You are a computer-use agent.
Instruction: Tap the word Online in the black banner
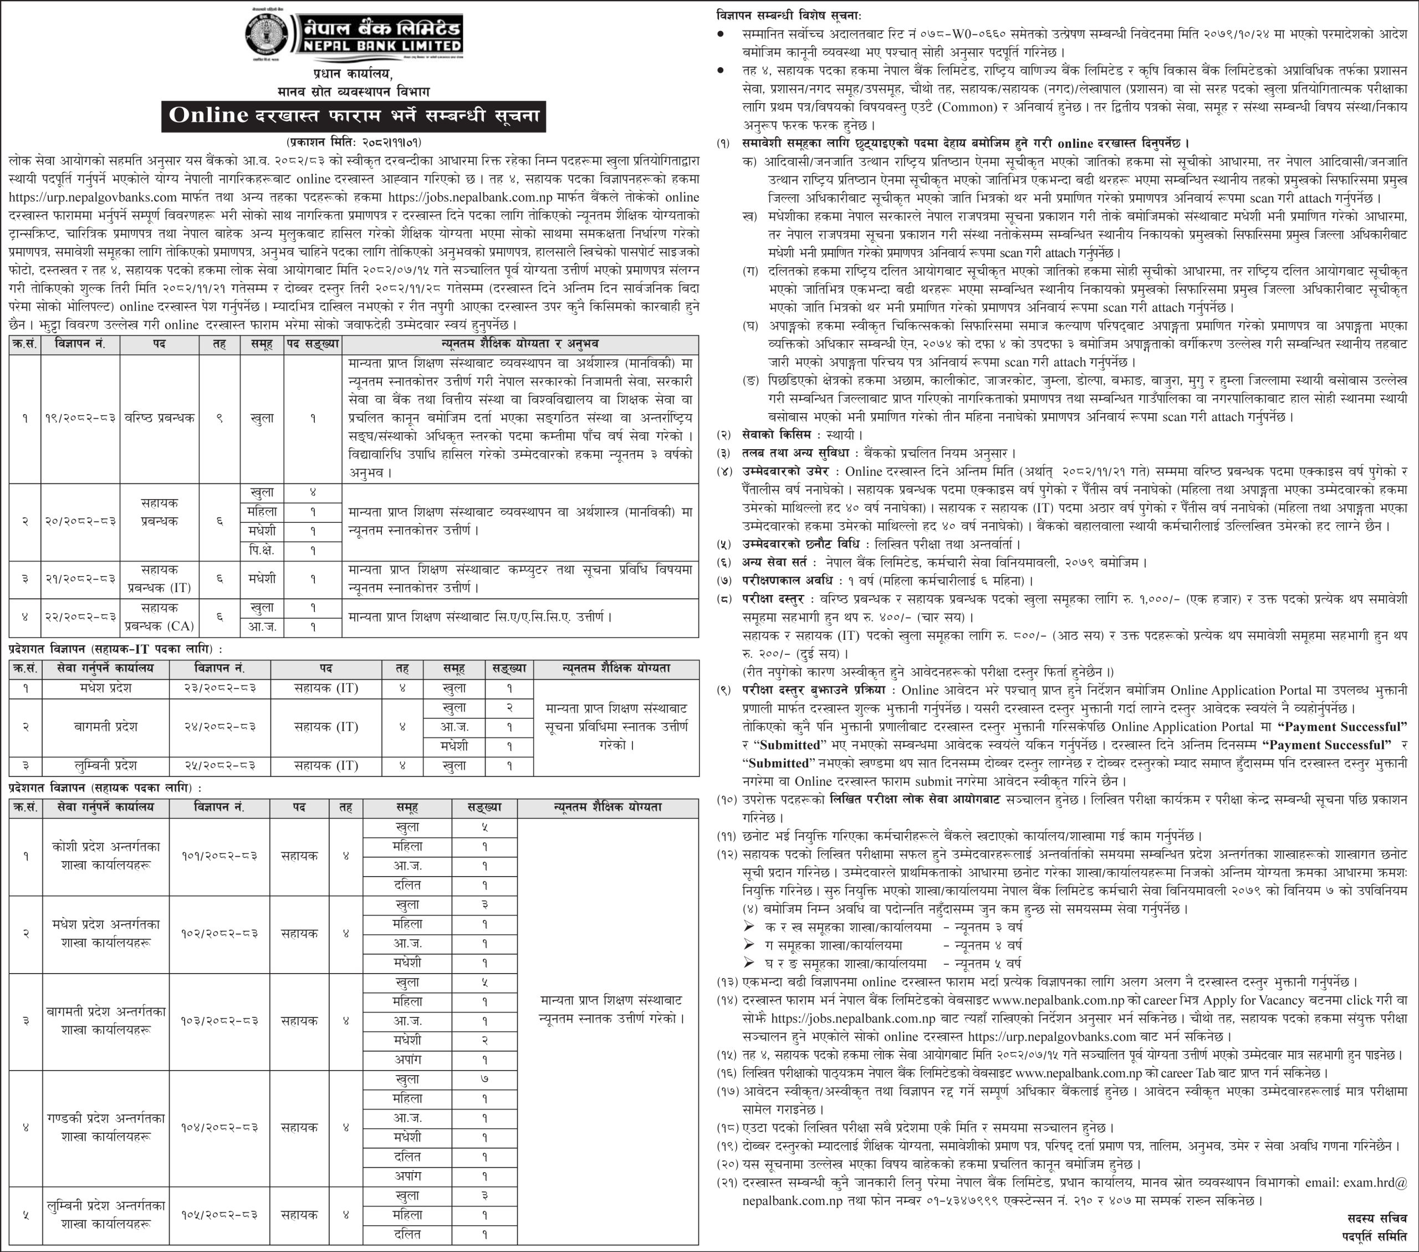(x=208, y=115)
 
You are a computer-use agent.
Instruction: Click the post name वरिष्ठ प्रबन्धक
(x=160, y=418)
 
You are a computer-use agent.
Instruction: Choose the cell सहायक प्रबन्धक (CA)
(x=160, y=617)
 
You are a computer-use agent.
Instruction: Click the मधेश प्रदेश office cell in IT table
(x=105, y=688)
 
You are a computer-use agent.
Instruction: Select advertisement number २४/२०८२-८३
(x=220, y=727)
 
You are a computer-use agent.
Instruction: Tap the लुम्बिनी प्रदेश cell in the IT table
(x=105, y=765)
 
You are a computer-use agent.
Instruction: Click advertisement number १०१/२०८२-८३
(x=220, y=856)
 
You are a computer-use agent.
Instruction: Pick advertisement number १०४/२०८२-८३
(x=220, y=1128)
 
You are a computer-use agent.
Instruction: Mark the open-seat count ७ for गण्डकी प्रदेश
(x=484, y=1079)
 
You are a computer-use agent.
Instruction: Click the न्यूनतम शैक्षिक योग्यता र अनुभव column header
(x=520, y=344)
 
